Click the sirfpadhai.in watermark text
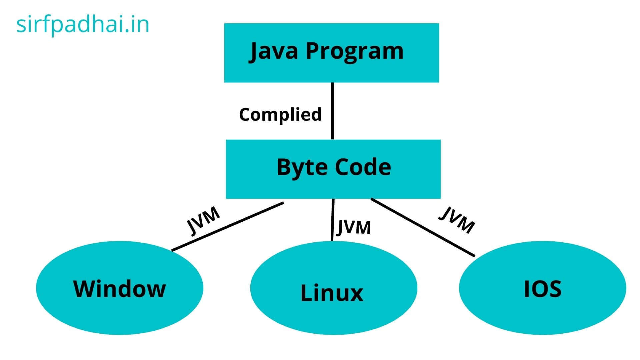click(83, 25)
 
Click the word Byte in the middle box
click(299, 168)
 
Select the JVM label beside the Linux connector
click(353, 227)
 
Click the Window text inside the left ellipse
click(119, 289)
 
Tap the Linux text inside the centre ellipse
click(332, 293)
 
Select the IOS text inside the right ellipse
click(543, 289)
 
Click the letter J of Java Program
click(254, 52)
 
